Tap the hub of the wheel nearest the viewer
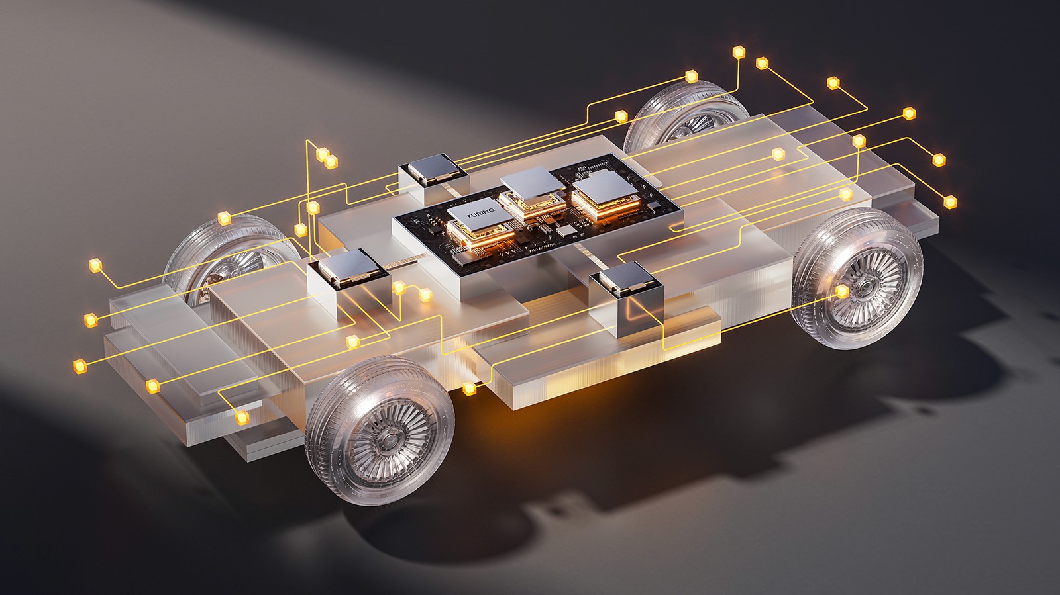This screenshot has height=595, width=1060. (389, 441)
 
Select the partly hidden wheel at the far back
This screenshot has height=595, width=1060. (686, 116)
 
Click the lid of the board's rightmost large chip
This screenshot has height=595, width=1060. (606, 187)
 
